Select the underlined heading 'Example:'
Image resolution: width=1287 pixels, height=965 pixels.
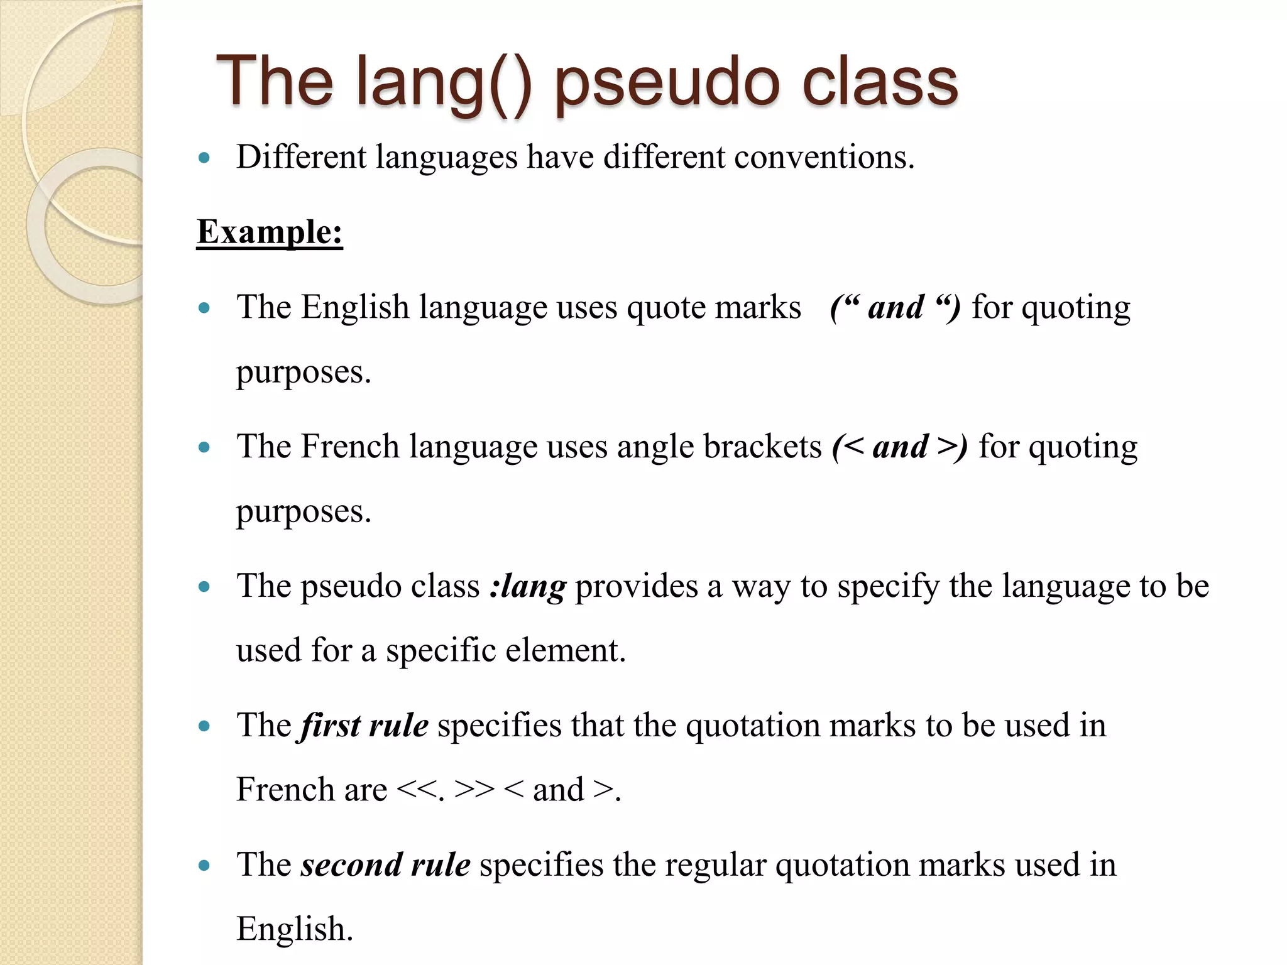(x=270, y=232)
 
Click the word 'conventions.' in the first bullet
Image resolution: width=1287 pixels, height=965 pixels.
(x=824, y=157)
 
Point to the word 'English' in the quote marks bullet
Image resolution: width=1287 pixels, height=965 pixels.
(x=355, y=308)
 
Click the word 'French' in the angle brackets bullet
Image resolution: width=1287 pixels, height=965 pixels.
(x=350, y=447)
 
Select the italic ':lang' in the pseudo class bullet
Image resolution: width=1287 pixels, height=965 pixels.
(x=528, y=587)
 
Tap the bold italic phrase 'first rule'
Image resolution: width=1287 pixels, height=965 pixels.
(x=364, y=726)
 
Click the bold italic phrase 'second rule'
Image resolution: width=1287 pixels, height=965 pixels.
(x=385, y=866)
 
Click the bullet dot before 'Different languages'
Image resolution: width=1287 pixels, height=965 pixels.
(x=204, y=158)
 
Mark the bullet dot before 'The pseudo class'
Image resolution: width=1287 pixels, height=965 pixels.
(x=204, y=587)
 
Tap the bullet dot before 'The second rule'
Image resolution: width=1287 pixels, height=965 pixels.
(x=204, y=866)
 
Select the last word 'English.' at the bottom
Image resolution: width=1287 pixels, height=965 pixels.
(x=295, y=930)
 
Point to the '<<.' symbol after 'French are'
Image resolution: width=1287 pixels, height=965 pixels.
(x=420, y=790)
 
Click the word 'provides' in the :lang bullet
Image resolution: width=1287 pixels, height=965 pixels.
(x=636, y=587)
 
